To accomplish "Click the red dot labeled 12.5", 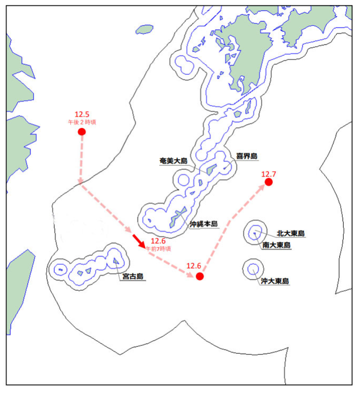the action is (82, 132).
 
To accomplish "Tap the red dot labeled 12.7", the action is (269, 182).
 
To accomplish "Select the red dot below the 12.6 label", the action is (199, 276).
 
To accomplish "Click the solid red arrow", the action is (138, 241).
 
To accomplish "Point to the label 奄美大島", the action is (173, 161).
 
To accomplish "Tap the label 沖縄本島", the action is (203, 223).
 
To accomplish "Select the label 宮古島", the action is (132, 276).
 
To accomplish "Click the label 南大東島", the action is (276, 245).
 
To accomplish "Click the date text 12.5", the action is (82, 114).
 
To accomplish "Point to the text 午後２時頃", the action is (82, 121).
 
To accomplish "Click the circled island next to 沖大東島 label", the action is (253, 268).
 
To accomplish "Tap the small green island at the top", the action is (145, 29).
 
